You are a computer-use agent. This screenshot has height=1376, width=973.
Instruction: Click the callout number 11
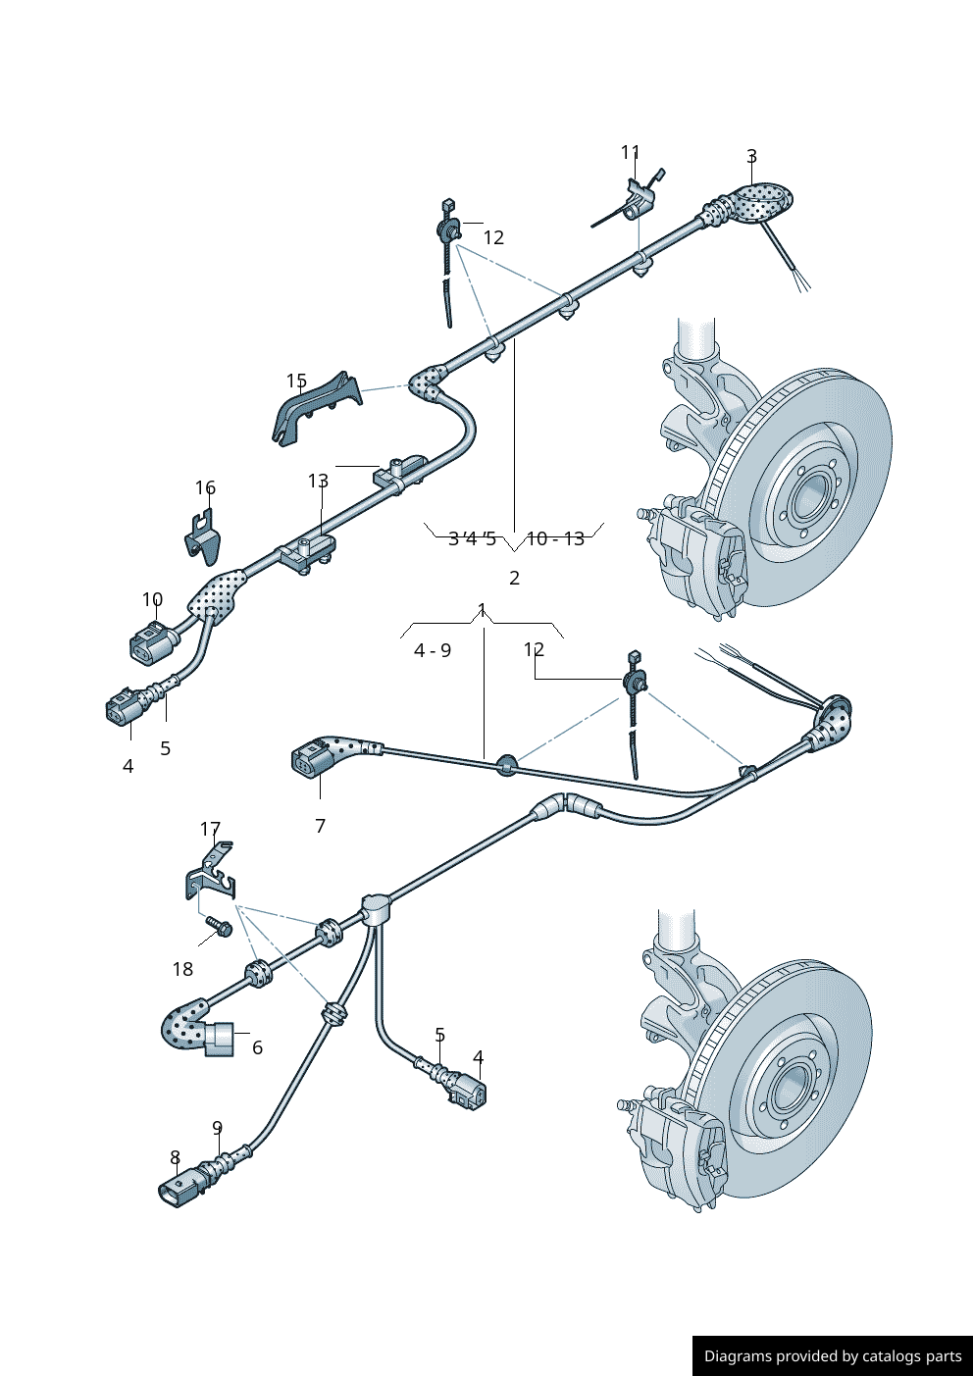coord(630,152)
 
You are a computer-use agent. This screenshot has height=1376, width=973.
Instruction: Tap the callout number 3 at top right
coord(751,156)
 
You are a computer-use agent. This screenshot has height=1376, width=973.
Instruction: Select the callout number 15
coord(296,381)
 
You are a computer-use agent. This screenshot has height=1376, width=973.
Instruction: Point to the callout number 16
coord(205,487)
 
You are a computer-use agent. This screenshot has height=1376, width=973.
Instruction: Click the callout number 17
coord(210,829)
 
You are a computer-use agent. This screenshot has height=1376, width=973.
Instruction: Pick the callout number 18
coord(182,969)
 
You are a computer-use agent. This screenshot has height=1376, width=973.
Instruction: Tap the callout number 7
coord(320,826)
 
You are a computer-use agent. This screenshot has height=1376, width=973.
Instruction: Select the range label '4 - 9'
coord(433,650)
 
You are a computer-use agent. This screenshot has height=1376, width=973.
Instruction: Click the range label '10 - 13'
coord(555,538)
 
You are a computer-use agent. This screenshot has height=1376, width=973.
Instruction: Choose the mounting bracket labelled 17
coord(212,876)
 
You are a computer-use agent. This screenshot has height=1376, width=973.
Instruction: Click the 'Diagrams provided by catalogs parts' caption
coord(833,1355)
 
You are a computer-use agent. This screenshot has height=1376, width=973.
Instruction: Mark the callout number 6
coord(257,1047)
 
